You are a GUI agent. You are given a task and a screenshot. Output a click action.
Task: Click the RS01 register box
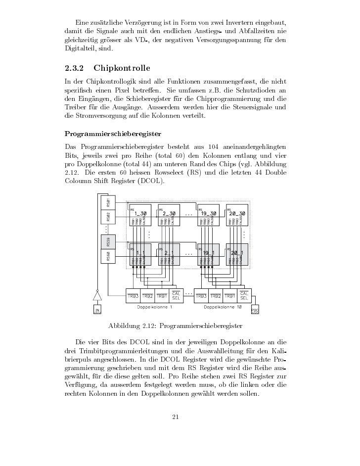tap(108, 203)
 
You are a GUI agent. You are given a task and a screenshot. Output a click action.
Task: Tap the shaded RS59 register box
tap(108, 242)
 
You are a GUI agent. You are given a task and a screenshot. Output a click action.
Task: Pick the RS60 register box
tap(108, 256)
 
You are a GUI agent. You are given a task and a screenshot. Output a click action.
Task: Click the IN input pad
tap(98, 310)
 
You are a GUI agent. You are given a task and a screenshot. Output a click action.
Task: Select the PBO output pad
tap(255, 310)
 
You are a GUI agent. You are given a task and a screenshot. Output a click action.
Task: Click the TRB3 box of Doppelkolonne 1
tap(134, 296)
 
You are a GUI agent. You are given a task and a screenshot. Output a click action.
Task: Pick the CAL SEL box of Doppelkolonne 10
tap(244, 295)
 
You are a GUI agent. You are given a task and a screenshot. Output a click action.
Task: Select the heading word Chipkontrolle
tap(121, 67)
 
